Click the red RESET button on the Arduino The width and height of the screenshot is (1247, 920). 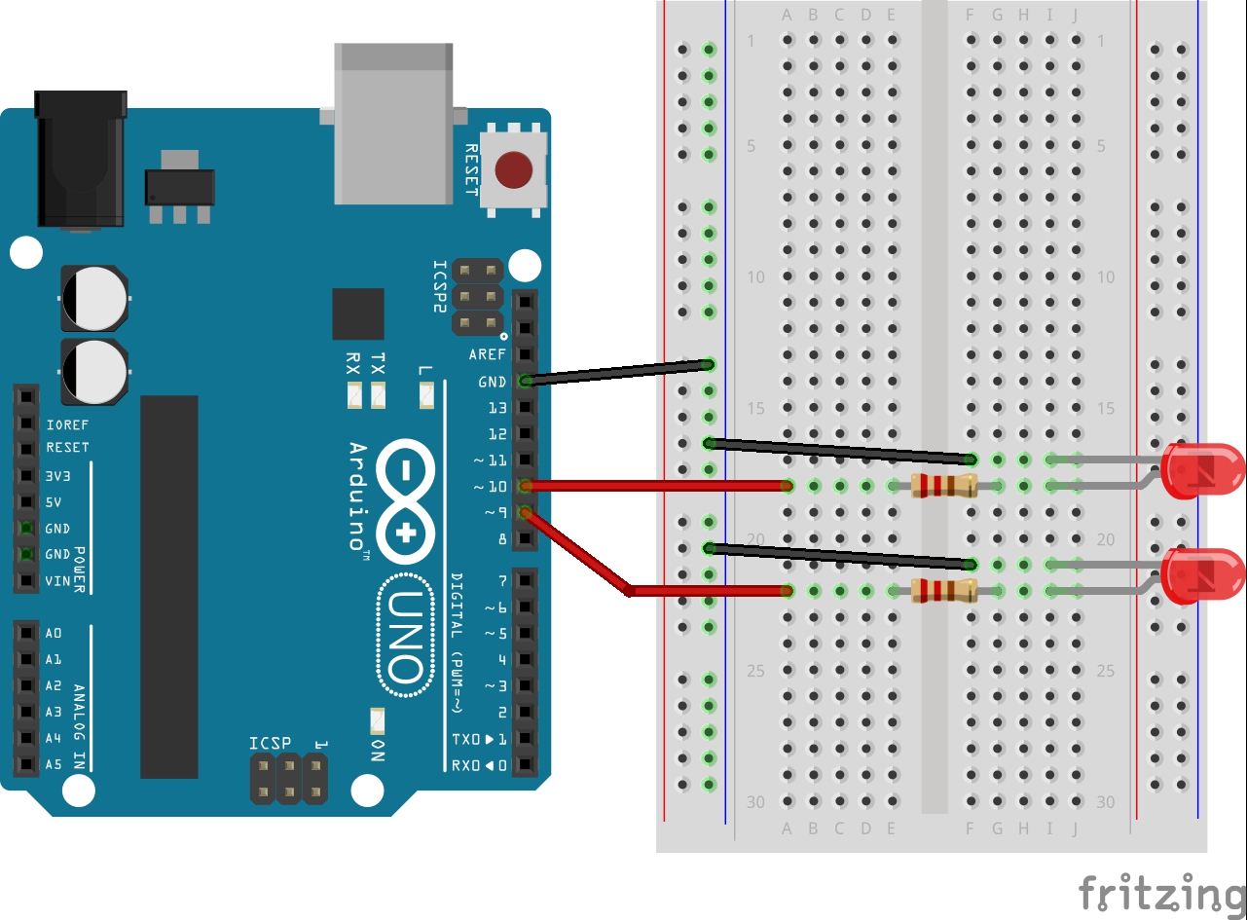click(x=513, y=170)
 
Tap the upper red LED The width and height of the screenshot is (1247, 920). click(x=1201, y=470)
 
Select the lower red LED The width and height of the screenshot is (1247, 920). click(x=1201, y=575)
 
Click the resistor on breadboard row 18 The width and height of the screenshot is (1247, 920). click(x=943, y=485)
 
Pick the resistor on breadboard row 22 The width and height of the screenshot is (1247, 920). click(x=943, y=590)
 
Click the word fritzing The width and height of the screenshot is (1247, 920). click(x=1161, y=892)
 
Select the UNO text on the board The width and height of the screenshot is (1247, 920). click(x=404, y=637)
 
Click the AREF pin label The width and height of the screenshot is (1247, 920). click(x=487, y=354)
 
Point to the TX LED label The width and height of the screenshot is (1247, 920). click(x=378, y=364)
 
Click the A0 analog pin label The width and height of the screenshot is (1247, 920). click(x=54, y=633)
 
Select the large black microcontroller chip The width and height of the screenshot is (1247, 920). click(x=169, y=586)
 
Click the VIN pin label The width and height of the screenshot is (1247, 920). click(x=58, y=581)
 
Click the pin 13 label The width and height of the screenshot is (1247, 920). click(x=497, y=407)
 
